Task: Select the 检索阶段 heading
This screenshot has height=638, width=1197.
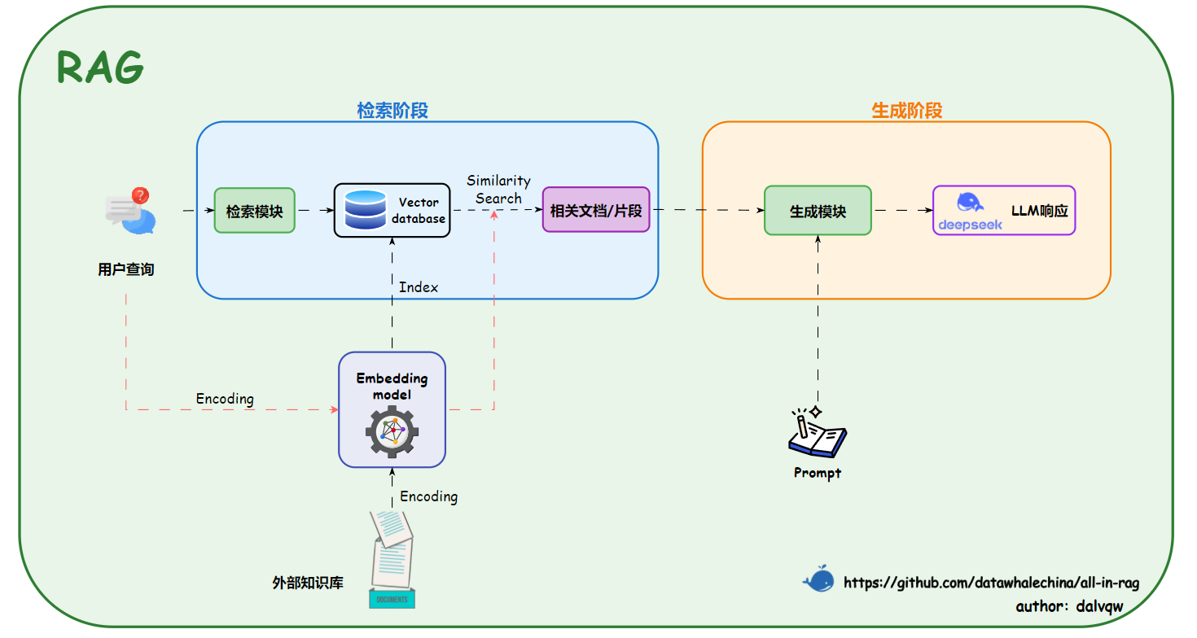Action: pos(392,111)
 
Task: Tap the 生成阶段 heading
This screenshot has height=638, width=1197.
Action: pos(906,111)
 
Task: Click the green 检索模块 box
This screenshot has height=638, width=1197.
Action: pos(254,211)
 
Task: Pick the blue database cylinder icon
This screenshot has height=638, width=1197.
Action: pos(366,210)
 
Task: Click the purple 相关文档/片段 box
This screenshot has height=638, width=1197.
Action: pos(596,211)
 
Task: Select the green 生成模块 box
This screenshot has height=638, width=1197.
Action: pos(818,211)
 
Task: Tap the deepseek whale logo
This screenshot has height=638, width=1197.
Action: pos(970,203)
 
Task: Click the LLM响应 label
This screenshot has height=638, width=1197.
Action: pos(1039,211)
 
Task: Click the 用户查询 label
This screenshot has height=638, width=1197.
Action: pos(126,269)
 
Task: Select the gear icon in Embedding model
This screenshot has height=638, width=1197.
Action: pos(392,432)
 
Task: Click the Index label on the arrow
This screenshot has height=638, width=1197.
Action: pos(419,287)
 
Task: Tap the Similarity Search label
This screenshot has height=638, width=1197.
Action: pos(498,189)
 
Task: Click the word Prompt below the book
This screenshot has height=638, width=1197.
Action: pos(817,473)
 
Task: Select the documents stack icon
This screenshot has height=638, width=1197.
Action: pos(393,559)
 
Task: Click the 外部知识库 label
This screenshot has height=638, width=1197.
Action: pos(308,583)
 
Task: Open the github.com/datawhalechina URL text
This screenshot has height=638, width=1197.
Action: pos(991,583)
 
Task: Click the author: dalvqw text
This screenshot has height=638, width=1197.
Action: pos(1069,606)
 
